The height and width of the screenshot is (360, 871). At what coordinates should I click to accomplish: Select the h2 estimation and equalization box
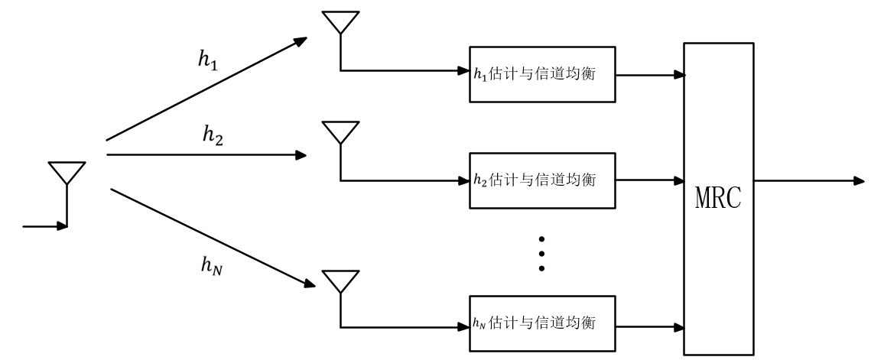[x=541, y=180]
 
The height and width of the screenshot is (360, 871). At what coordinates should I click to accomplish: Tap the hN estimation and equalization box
[x=541, y=322]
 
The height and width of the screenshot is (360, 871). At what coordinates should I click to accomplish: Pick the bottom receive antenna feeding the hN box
[x=340, y=281]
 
